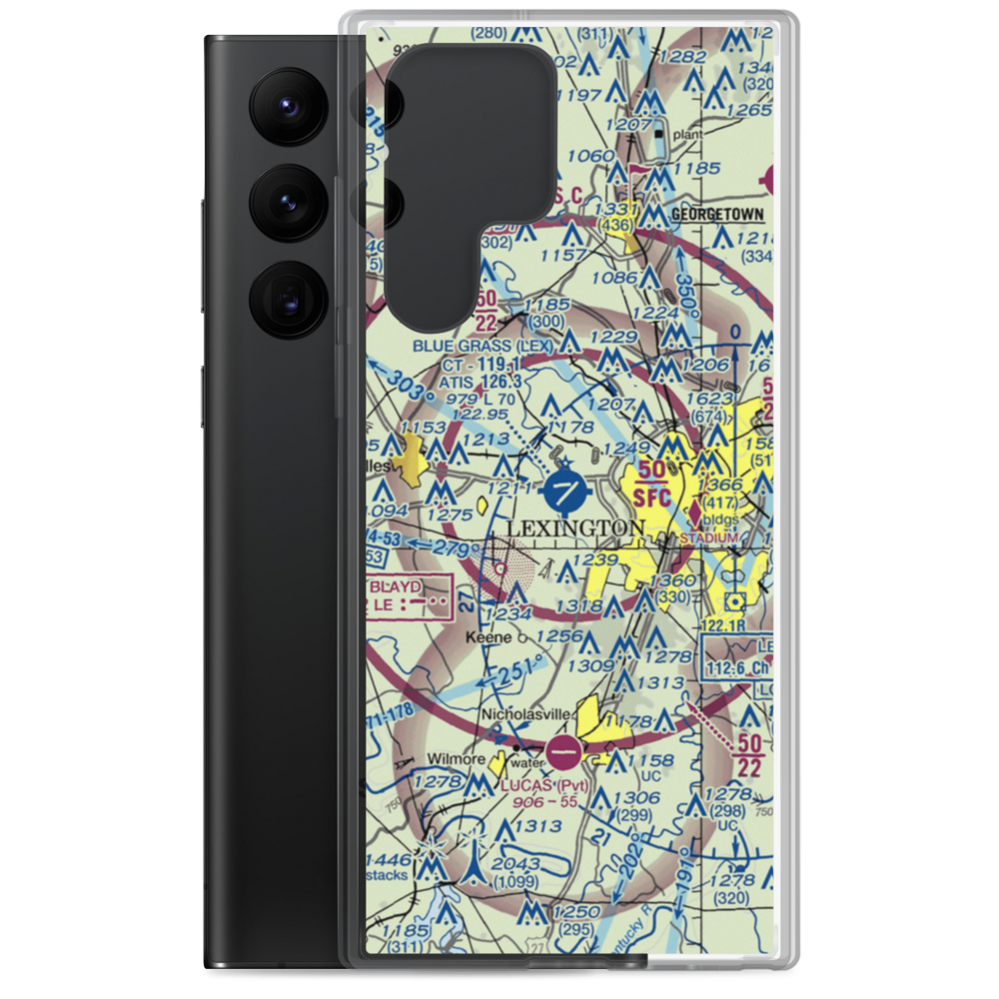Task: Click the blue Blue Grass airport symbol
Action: click(565, 491)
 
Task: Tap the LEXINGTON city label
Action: click(574, 527)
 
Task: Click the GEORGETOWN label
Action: click(717, 214)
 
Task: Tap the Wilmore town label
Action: click(459, 759)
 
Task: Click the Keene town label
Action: click(489, 636)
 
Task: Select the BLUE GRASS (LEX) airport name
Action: click(484, 347)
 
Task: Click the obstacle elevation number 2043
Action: click(517, 865)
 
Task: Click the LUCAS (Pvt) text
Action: click(544, 784)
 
